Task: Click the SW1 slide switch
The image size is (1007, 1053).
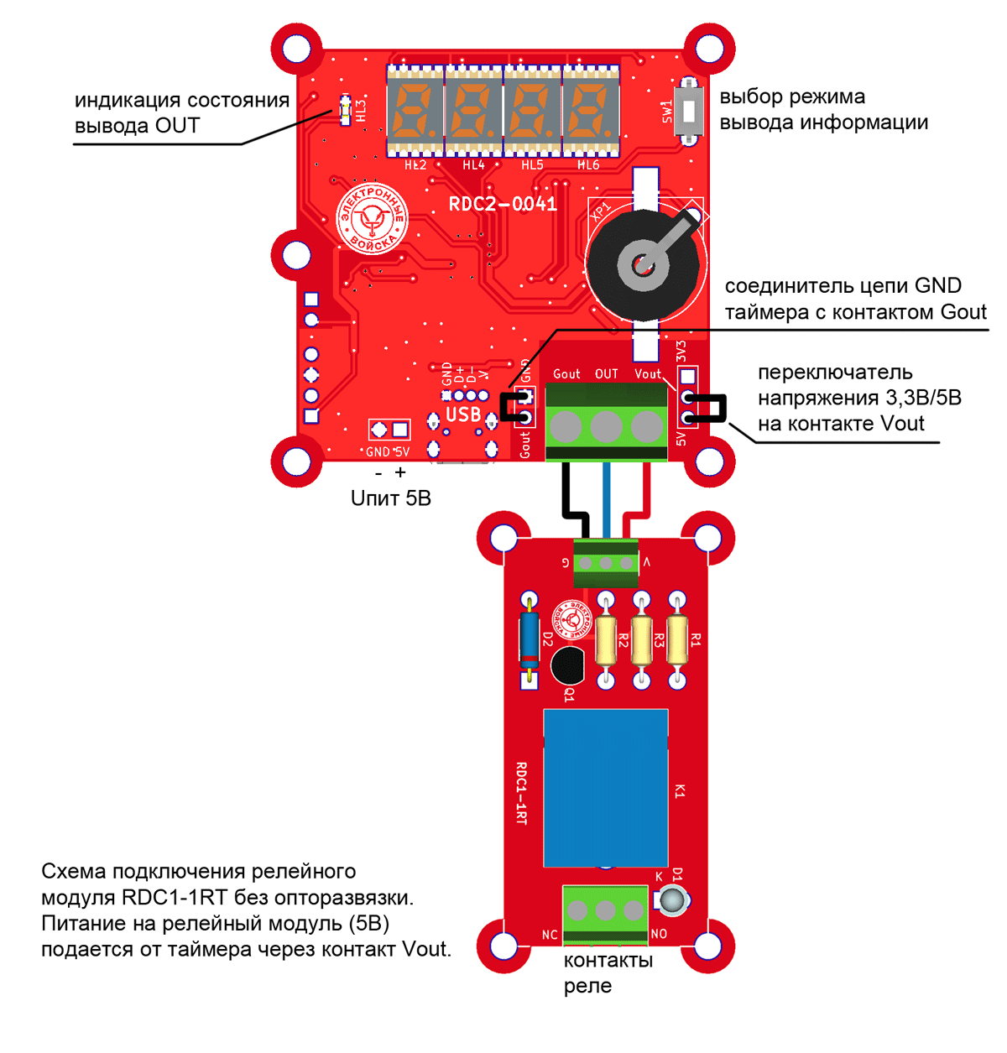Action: point(690,110)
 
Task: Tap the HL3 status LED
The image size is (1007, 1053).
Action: point(345,110)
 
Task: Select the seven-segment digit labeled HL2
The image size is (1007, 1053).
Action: point(415,110)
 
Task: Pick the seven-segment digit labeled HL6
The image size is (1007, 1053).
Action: point(591,110)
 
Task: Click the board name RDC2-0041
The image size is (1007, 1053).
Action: point(503,204)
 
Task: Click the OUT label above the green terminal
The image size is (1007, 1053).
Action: point(606,374)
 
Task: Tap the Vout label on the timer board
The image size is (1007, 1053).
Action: point(648,374)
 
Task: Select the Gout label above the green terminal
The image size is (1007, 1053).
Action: point(566,374)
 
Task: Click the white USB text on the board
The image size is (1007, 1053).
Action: point(463,414)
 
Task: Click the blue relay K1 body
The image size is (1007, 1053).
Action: point(606,787)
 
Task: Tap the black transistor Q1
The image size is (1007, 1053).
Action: point(568,665)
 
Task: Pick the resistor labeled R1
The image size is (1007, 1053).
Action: point(676,639)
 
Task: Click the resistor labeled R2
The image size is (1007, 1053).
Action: point(605,639)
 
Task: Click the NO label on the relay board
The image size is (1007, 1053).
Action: point(659,934)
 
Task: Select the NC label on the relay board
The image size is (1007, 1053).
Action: point(550,935)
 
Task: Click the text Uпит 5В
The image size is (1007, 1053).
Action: point(390,498)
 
